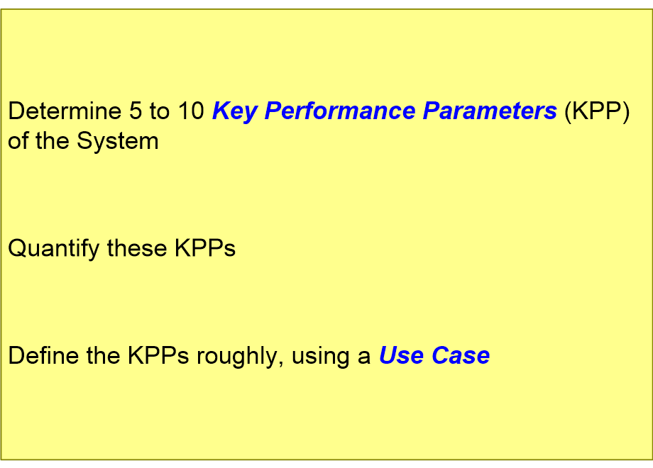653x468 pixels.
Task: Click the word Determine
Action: pos(65,111)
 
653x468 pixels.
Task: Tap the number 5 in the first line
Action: pos(136,111)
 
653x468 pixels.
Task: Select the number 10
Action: pos(191,111)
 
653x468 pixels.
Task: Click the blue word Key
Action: pos(234,112)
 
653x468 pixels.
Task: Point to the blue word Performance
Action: pos(340,111)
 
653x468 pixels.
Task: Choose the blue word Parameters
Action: pos(490,111)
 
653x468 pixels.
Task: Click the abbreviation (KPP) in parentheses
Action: pos(597,112)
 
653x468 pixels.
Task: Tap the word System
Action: pos(117,141)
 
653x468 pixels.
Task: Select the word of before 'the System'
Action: pos(18,140)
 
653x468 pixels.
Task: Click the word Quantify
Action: pos(54,249)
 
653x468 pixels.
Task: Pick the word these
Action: pos(136,248)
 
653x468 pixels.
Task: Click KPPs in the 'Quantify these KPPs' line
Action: pos(205,248)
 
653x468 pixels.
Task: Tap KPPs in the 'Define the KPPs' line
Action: pos(158,356)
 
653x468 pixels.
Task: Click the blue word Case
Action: pos(461,356)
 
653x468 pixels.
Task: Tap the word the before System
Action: pos(53,140)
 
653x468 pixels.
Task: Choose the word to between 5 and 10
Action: pos(160,112)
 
